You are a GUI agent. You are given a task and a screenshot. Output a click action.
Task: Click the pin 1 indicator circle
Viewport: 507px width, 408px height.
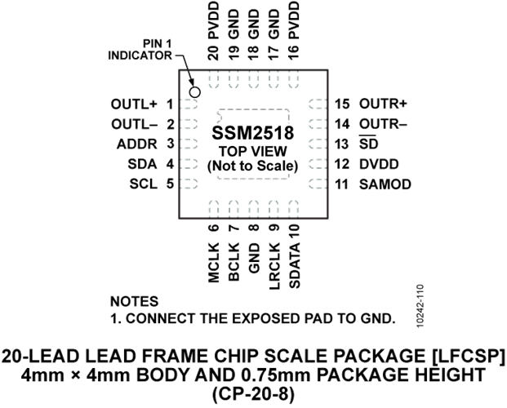[x=195, y=91]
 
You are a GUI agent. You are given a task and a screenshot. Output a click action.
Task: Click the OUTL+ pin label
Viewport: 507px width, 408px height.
[x=133, y=104]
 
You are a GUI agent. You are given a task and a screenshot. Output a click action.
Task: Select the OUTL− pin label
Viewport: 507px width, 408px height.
[x=133, y=125]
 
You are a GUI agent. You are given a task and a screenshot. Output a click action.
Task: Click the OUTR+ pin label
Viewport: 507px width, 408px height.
[x=382, y=104]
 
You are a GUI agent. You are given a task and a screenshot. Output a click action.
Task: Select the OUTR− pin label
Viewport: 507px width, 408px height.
[x=382, y=125]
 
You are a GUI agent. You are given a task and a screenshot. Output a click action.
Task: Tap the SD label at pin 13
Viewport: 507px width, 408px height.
[x=367, y=144]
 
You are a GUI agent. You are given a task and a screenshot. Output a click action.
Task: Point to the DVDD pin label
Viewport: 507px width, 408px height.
[x=376, y=164]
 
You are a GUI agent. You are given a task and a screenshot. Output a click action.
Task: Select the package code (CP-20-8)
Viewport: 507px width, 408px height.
[x=253, y=393]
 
